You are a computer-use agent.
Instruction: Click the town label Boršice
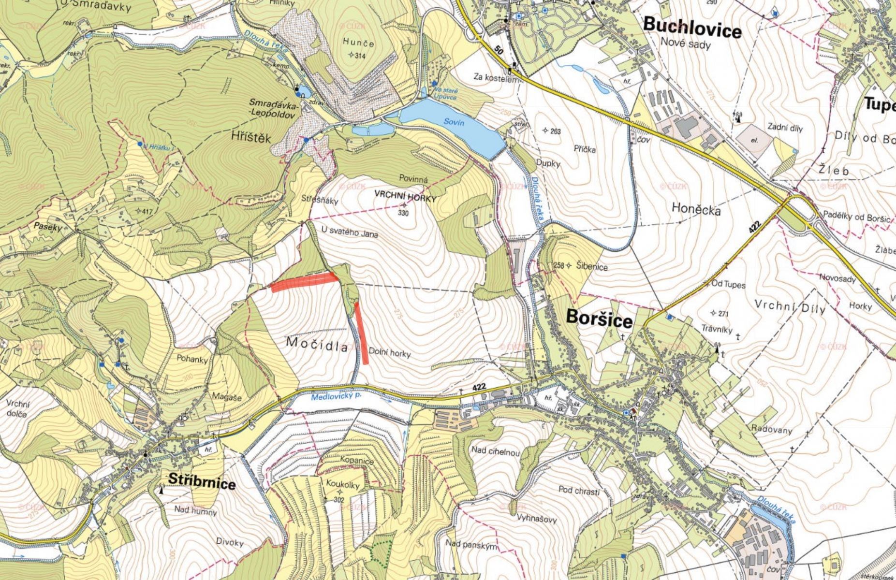pyautogui.click(x=599, y=320)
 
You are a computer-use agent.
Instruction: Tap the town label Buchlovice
pyautogui.click(x=692, y=28)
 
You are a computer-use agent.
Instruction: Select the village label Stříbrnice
pyautogui.click(x=202, y=482)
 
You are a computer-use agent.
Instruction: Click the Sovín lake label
pyautogui.click(x=455, y=123)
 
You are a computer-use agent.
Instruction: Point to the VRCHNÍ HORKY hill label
pyautogui.click(x=406, y=199)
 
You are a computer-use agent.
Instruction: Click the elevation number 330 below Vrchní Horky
pyautogui.click(x=403, y=213)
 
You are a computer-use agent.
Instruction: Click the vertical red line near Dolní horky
pyautogui.click(x=361, y=333)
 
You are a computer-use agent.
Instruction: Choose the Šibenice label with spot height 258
pyautogui.click(x=591, y=266)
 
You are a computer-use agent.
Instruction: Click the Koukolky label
pyautogui.click(x=343, y=485)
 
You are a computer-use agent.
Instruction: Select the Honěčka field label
pyautogui.click(x=696, y=210)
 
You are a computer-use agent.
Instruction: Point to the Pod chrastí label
pyautogui.click(x=579, y=490)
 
